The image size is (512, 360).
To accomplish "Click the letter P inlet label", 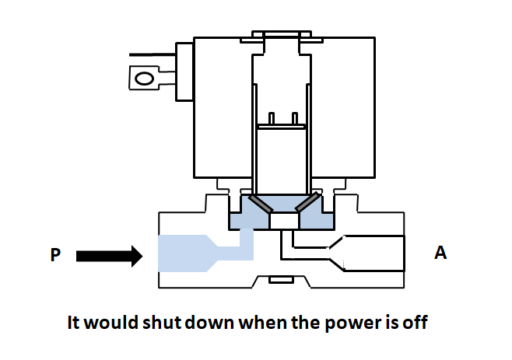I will pyautogui.click(x=55, y=254).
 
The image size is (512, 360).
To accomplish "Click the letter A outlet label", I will pyautogui.click(x=440, y=254).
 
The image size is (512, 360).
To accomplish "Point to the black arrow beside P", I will pyautogui.click(x=109, y=255).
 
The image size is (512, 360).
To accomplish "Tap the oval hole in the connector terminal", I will pyautogui.click(x=143, y=79).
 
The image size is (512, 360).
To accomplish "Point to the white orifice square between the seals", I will pyautogui.click(x=282, y=222).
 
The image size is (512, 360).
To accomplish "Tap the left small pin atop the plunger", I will pyautogui.click(x=272, y=118).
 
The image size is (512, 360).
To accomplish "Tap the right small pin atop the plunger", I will pyautogui.click(x=294, y=118).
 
